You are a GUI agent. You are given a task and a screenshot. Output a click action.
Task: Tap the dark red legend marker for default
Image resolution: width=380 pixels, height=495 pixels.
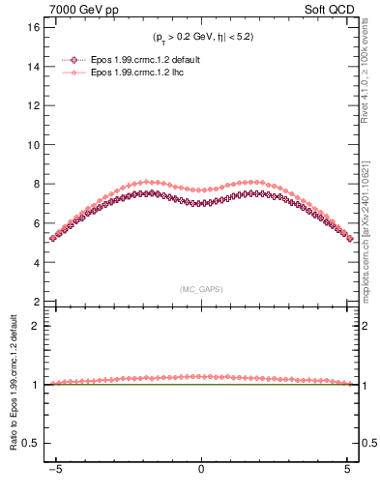pyautogui.click(x=80, y=59)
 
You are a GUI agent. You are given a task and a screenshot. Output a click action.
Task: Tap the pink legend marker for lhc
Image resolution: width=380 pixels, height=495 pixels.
pyautogui.click(x=80, y=73)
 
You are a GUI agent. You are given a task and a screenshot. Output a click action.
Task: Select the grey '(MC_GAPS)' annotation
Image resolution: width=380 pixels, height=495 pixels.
pyautogui.click(x=201, y=289)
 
